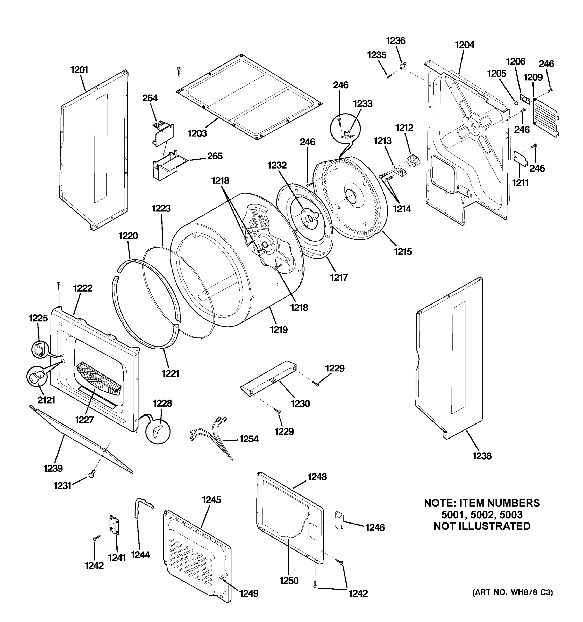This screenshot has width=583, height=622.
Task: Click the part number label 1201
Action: tap(79, 69)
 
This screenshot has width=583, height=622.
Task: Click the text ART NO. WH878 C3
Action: tap(512, 592)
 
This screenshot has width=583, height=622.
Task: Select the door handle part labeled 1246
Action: tap(339, 520)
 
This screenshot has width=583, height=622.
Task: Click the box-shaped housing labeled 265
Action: tap(166, 166)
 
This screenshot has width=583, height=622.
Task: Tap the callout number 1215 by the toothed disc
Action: tap(403, 251)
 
